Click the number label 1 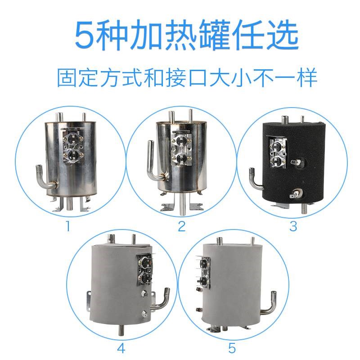click(x=68, y=225)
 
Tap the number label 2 click(x=181, y=225)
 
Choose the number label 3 click(x=293, y=225)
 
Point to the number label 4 click(x=121, y=348)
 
